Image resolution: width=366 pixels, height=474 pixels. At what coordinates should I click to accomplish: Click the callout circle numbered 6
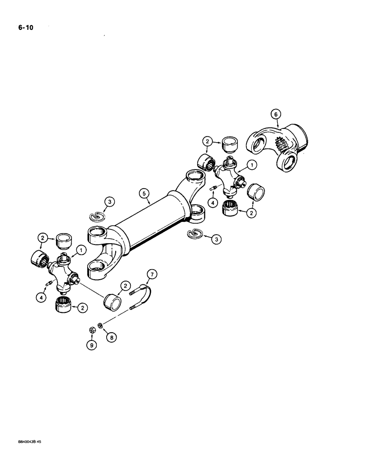(274, 114)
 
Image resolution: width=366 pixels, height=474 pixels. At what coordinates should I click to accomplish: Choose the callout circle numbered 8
(111, 337)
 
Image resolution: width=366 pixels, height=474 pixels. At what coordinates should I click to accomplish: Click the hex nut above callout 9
(92, 330)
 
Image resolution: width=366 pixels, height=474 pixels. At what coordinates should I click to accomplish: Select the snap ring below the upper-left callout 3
(97, 216)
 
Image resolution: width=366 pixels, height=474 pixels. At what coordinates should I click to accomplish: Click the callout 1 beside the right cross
(251, 165)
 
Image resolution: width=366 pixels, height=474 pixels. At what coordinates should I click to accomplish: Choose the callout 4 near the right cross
(213, 202)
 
